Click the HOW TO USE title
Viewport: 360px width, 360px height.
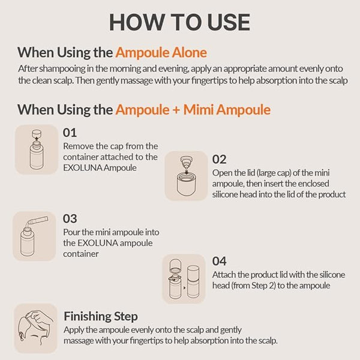tap(179, 22)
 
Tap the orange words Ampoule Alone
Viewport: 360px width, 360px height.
tap(161, 53)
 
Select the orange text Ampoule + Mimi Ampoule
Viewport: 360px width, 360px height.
tap(193, 110)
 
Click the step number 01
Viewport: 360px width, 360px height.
tap(70, 133)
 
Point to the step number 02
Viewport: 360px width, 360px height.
tap(219, 160)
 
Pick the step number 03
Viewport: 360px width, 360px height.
tap(70, 219)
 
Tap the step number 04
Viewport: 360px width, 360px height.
tap(219, 261)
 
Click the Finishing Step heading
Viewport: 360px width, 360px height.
tap(101, 317)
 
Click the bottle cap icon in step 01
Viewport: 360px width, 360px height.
tap(37, 133)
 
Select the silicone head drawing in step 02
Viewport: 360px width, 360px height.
tap(186, 163)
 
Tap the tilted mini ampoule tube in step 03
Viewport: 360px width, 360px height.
tap(38, 220)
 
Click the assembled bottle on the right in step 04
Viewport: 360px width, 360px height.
tap(193, 282)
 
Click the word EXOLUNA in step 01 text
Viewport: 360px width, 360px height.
tap(83, 168)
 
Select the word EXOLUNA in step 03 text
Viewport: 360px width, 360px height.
tap(98, 243)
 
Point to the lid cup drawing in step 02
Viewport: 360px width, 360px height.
tap(186, 184)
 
